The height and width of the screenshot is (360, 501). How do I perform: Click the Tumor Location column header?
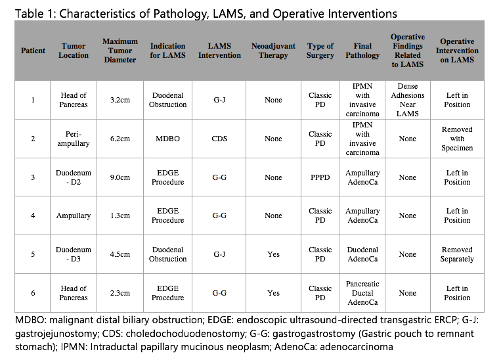pos(73,51)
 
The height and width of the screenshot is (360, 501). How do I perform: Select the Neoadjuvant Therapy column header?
pos(273,51)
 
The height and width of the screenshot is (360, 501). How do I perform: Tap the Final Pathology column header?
pos(362,51)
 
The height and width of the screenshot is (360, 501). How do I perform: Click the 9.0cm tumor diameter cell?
pos(120,177)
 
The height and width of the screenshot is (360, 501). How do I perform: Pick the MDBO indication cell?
pos(167,139)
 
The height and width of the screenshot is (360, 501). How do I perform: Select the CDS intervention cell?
pos(219,139)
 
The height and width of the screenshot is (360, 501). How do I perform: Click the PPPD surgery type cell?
pos(320,177)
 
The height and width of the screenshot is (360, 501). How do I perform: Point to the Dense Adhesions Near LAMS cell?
pos(408,100)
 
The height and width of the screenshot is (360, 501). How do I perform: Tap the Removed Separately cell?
pos(457,254)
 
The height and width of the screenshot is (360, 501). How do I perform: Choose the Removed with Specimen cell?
pos(457,139)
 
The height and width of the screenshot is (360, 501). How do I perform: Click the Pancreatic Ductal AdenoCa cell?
pos(362,293)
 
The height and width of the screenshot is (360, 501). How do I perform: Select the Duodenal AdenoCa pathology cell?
pos(362,254)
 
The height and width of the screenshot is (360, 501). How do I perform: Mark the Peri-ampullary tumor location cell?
pos(73,139)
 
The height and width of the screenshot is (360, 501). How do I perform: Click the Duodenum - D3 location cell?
pos(73,254)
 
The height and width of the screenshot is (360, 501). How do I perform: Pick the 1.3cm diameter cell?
pos(120,216)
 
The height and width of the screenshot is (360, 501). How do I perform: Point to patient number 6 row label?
pos(33,293)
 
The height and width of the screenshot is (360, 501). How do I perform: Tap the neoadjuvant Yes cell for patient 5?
pos(273,254)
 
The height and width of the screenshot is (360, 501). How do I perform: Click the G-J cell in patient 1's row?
pos(219,100)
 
